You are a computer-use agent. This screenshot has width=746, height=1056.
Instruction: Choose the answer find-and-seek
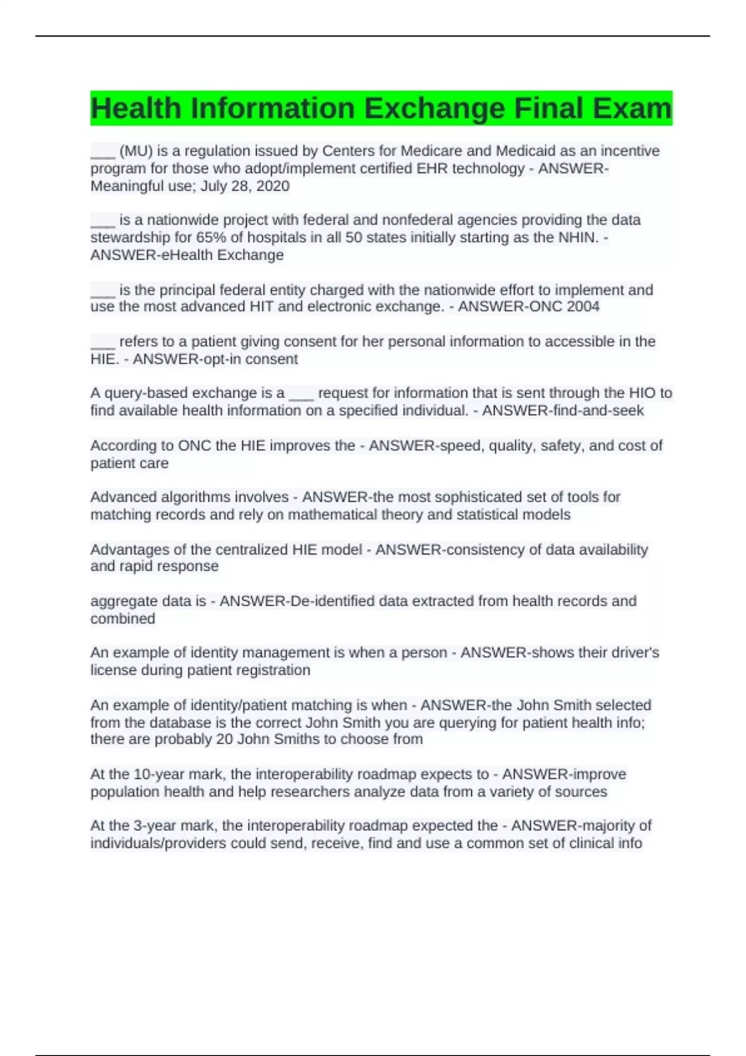click(x=596, y=411)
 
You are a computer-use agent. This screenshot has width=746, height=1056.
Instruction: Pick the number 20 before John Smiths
click(x=224, y=739)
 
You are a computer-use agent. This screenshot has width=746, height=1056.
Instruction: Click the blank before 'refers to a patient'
click(x=103, y=342)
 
